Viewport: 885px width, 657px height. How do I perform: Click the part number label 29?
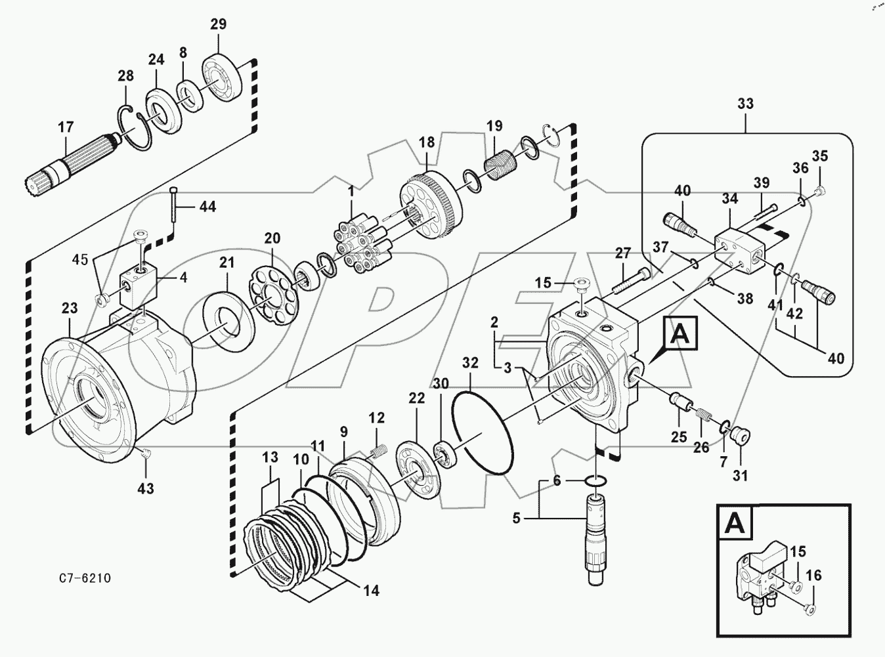tap(218, 24)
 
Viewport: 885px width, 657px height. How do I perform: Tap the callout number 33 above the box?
tap(745, 104)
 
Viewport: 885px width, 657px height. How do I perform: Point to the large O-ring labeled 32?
tap(484, 433)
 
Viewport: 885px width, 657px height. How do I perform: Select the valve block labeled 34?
tap(735, 249)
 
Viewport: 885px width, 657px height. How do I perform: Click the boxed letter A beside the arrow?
tap(680, 336)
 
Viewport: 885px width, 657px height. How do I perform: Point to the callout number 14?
tap(371, 591)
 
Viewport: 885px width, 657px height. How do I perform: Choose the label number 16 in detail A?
tap(813, 576)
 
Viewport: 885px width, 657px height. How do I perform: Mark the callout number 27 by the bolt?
tap(622, 253)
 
